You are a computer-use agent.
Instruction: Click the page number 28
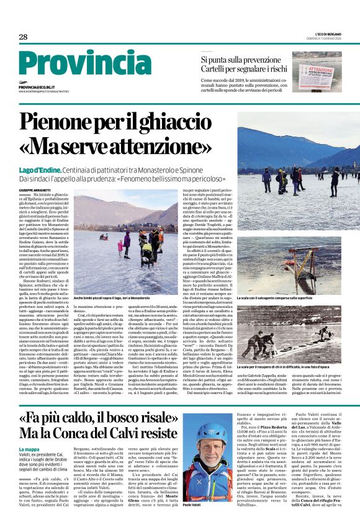23,37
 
